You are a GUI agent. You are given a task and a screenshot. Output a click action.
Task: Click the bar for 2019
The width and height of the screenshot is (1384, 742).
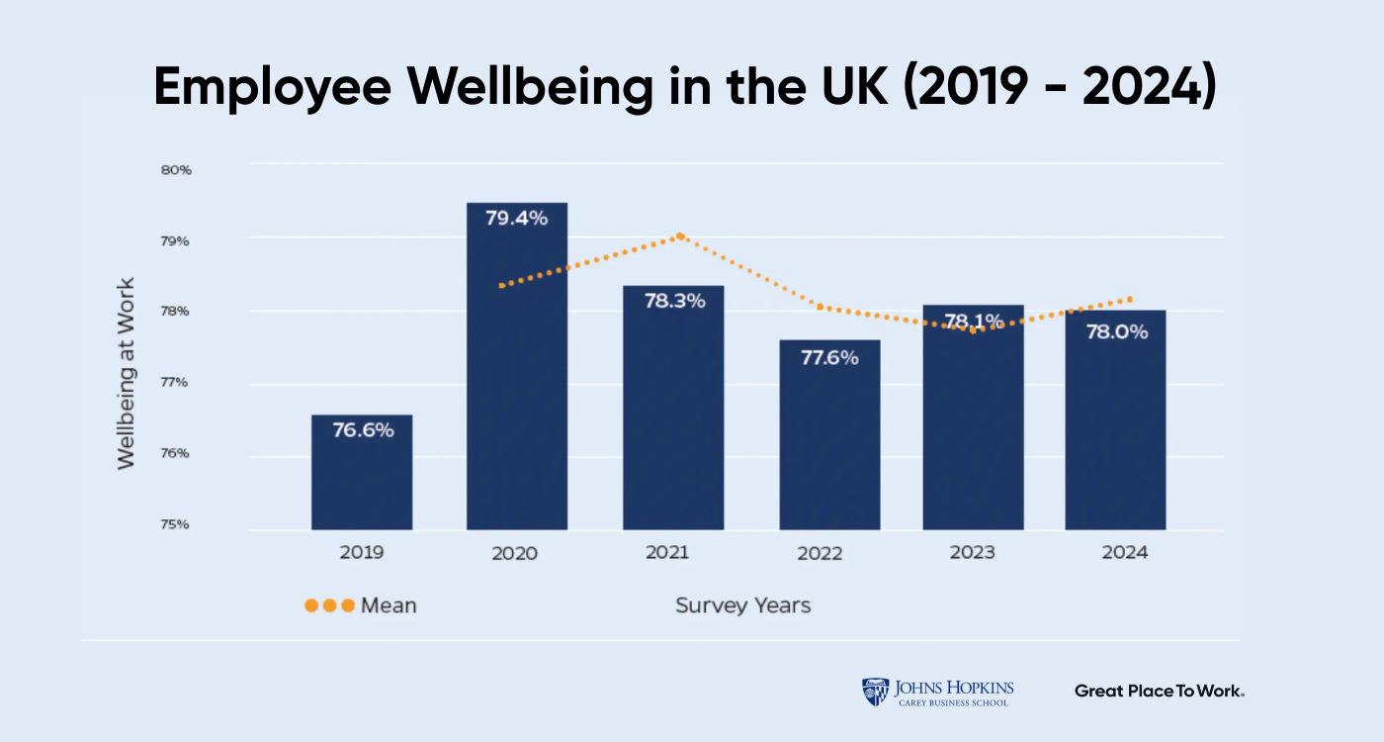362,472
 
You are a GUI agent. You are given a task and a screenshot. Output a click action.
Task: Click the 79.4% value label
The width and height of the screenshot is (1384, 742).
516,218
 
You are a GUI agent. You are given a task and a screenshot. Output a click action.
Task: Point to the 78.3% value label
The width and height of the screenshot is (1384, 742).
674,301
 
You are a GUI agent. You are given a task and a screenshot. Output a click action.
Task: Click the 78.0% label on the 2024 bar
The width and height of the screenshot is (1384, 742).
1116,332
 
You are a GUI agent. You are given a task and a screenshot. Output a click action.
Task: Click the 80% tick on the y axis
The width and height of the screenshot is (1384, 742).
175,170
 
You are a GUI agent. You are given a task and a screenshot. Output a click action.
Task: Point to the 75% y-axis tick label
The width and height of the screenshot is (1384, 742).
175,524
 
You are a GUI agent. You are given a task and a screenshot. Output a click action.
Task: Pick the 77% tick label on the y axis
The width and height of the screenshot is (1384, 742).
175,382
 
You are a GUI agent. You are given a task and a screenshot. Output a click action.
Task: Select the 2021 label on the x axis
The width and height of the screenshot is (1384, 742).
668,552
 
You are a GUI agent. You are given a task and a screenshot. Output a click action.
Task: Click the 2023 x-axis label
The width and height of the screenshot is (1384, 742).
972,552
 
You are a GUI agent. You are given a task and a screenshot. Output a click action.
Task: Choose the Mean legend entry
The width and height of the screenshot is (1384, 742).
361,605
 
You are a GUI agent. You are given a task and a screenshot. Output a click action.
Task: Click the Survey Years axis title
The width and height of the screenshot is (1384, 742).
742,605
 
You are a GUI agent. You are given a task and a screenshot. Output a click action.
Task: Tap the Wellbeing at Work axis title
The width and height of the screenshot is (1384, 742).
126,373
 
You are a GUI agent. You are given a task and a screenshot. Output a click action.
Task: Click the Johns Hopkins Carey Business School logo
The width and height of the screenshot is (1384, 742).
937,692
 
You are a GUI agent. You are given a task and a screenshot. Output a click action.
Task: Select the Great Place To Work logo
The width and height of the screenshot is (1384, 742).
1159,691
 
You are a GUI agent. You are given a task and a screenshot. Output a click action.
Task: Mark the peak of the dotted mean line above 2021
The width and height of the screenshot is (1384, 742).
680,235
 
